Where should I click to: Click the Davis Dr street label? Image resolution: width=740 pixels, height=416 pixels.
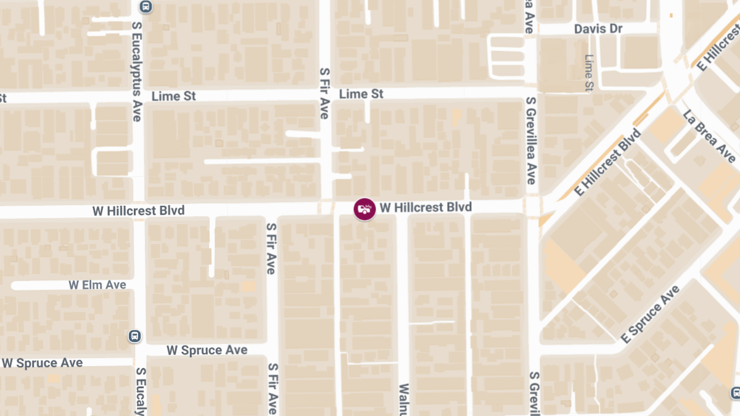598,29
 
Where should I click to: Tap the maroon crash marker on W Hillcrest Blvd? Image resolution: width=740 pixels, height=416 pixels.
364,209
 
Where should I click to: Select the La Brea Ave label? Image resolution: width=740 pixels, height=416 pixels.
709,136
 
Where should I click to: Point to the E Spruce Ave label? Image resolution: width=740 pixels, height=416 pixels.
650,315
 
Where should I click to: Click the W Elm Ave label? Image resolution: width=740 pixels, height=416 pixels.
97,285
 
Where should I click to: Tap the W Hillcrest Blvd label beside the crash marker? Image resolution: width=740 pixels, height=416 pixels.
425,208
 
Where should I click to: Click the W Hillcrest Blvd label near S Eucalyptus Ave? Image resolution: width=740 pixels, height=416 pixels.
138,211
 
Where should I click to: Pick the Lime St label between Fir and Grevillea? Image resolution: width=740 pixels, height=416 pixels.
361,94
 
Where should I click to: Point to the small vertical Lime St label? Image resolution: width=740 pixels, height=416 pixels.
588,71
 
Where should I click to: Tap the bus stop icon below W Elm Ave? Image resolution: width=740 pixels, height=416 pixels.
134,336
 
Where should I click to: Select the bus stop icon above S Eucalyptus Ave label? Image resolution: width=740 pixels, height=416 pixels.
146,7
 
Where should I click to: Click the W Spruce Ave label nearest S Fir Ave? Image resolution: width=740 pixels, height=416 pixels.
207,350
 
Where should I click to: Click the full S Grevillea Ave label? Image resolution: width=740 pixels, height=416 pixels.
530,141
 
